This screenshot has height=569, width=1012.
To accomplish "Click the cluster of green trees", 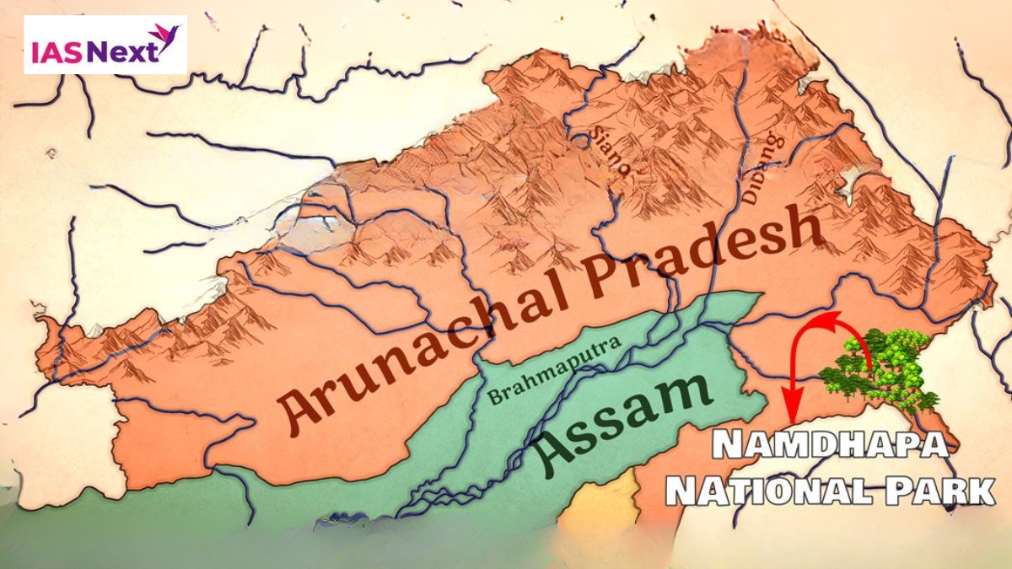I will point(881,367).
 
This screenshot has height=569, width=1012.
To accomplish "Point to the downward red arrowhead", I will point(792,413).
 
